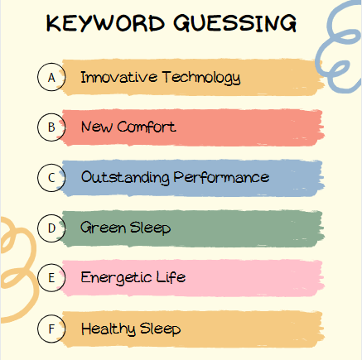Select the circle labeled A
51,77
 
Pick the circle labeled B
51,127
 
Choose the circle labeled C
51,177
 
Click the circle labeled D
51,228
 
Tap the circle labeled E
51,278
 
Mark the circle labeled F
51,329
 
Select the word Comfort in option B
147,127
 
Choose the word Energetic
115,278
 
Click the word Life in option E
169,277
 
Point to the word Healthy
106,329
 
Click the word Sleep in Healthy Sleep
160,329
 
